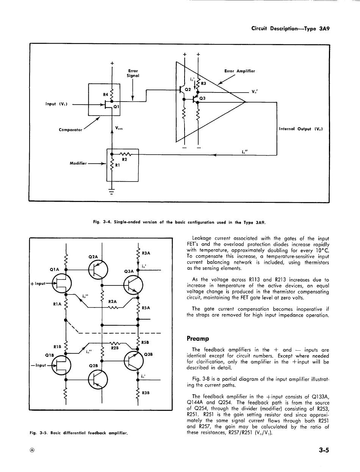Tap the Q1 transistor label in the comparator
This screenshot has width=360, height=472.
(x=116, y=107)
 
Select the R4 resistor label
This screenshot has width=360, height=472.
(x=106, y=94)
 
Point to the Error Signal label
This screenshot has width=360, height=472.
(x=133, y=73)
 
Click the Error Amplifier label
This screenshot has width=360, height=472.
(x=240, y=71)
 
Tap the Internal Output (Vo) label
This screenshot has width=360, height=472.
(x=301, y=129)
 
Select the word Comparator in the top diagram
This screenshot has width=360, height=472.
(x=71, y=130)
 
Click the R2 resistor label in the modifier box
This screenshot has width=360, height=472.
(x=124, y=160)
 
